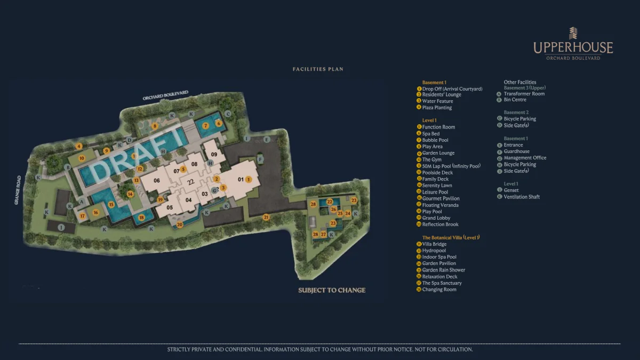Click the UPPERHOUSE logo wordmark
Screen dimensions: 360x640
tap(573, 47)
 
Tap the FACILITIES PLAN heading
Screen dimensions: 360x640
tap(318, 69)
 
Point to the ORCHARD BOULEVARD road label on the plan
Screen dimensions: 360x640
tap(165, 95)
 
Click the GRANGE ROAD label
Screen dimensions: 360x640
tap(19, 190)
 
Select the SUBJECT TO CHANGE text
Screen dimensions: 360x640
tap(332, 290)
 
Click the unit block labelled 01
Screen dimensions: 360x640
tap(241, 179)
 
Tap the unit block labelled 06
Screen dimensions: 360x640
tap(157, 180)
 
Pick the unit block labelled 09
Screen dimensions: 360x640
tap(214, 154)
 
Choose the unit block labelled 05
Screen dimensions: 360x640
tap(170, 207)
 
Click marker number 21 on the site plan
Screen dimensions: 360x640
tap(266, 217)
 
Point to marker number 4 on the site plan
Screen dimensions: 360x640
tap(79, 146)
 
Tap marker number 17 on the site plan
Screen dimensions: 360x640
tap(83, 216)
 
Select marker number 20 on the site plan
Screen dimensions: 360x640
tap(180, 225)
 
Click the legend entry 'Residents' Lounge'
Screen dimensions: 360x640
tap(442, 95)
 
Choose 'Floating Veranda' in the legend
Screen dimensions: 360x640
tap(440, 205)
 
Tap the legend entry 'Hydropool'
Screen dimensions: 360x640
tap(434, 251)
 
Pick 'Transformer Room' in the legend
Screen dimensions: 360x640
tap(524, 94)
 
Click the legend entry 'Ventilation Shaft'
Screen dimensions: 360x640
tap(522, 197)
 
